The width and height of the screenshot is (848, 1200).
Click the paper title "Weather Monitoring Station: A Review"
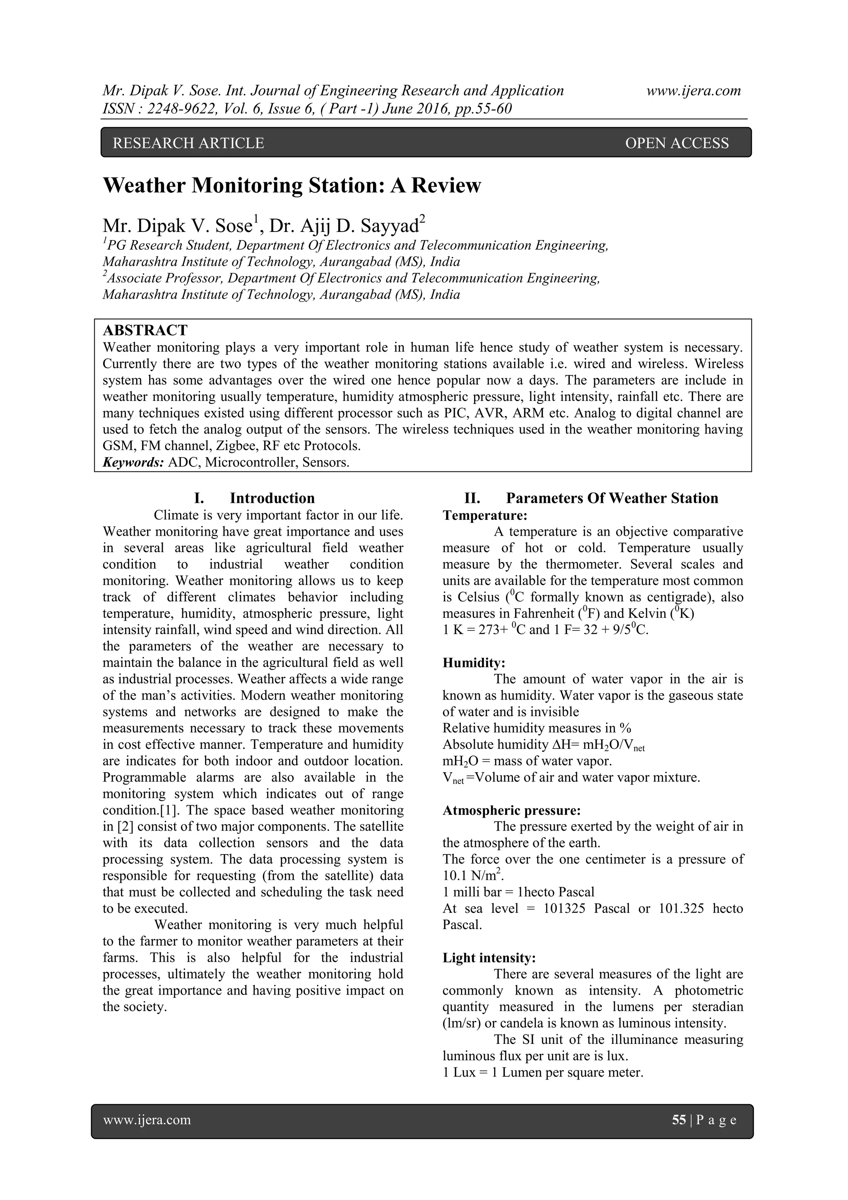[x=291, y=186]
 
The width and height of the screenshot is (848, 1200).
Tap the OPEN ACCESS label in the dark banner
[x=676, y=143]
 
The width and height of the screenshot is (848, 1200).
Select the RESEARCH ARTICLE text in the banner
[x=189, y=143]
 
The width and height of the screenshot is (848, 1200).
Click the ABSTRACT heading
[x=145, y=330]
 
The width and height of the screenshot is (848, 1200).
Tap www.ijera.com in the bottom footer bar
[x=147, y=1120]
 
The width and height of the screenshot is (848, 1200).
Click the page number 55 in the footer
[x=679, y=1120]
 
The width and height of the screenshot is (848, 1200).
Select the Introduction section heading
[x=272, y=498]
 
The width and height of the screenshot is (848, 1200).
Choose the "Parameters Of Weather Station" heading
[x=612, y=498]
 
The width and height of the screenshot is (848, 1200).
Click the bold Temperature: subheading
[x=485, y=515]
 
